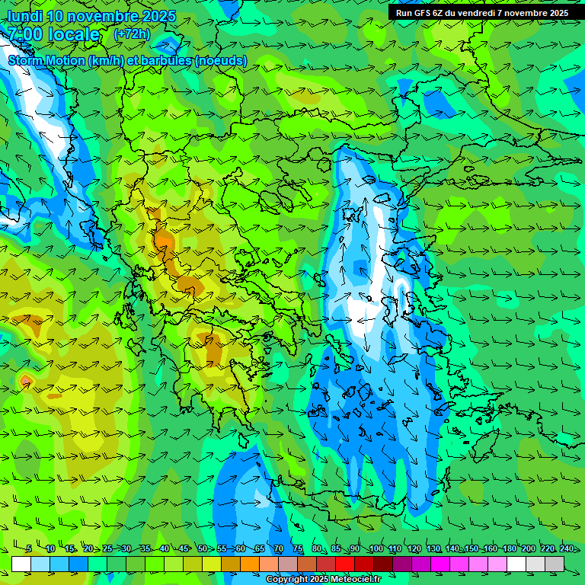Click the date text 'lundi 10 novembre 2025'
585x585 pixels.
click(91, 16)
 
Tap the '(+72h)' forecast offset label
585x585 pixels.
click(132, 34)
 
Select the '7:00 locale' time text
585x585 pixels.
click(53, 34)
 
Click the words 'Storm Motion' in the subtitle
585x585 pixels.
click(46, 60)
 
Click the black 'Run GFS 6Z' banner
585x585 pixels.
click(481, 12)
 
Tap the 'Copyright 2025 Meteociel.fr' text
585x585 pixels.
click(323, 580)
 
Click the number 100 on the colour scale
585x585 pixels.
click(376, 548)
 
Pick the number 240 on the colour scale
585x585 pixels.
click(566, 548)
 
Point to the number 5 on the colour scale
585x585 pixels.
click(29, 548)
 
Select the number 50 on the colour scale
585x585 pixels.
click(202, 548)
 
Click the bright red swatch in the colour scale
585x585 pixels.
click(345, 564)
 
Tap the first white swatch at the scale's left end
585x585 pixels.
click(21, 564)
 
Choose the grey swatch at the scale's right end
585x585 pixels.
click(555, 564)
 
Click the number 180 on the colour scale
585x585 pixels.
click(509, 548)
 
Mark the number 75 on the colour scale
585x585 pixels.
click(298, 548)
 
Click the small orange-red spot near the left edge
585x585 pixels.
click(26, 379)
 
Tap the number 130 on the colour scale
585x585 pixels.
click(433, 548)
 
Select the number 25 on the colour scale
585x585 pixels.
click(107, 548)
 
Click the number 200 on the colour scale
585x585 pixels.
click(528, 548)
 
